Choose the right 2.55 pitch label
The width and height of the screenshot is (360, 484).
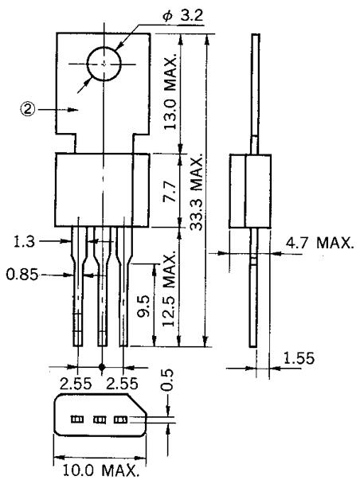pos(127,381)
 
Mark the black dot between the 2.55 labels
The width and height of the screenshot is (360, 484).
pos(102,368)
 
